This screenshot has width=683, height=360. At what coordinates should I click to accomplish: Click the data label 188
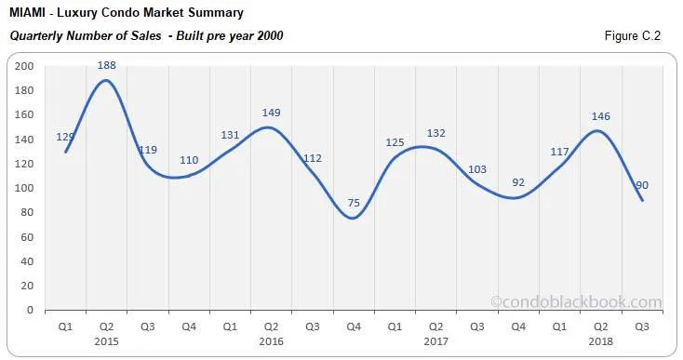click(107, 65)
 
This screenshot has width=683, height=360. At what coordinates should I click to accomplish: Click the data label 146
click(599, 117)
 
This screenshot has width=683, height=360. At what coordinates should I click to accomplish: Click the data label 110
click(189, 161)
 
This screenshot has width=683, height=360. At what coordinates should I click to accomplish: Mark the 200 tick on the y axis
click(24, 66)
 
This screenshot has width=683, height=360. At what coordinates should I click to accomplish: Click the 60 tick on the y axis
click(27, 236)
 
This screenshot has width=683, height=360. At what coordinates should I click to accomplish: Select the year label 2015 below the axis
click(107, 340)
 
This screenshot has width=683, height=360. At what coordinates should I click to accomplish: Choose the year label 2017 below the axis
click(435, 340)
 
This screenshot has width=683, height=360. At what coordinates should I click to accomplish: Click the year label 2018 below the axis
click(599, 340)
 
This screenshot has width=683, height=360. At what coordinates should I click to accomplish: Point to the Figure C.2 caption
click(635, 35)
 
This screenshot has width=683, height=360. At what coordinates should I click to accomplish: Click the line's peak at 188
click(107, 80)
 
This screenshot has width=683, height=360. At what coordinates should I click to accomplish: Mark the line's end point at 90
click(641, 200)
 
